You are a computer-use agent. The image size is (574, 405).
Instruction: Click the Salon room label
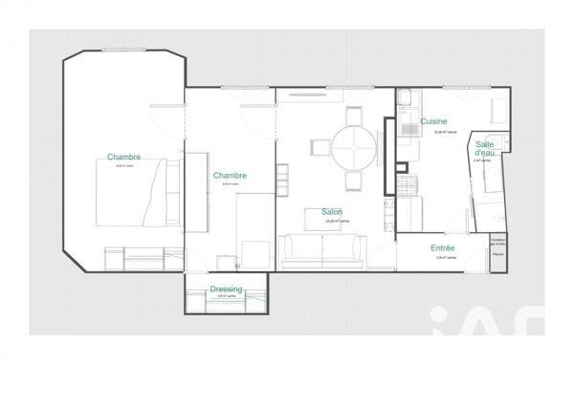[x=332, y=212]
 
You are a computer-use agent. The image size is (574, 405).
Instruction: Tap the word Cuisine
[x=434, y=122]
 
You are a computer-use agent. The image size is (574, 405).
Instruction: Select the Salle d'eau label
[x=485, y=148]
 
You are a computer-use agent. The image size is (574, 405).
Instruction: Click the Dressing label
[x=226, y=289]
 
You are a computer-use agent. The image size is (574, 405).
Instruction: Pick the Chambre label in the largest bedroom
[x=124, y=157]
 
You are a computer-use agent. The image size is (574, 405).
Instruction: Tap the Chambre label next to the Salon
[x=230, y=175]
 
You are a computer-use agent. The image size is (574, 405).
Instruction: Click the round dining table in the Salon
[x=354, y=149]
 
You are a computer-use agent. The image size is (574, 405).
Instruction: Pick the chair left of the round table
[x=319, y=149]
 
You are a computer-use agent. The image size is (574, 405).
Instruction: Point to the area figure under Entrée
[x=446, y=257]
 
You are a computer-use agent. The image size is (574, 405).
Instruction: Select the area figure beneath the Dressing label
[x=225, y=296]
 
